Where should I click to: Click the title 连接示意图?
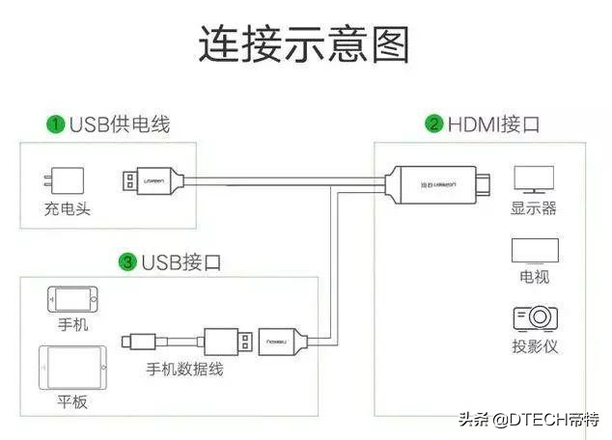pyautogui.click(x=305, y=44)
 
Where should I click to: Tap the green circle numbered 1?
pyautogui.click(x=58, y=124)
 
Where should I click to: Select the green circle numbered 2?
pyautogui.click(x=434, y=124)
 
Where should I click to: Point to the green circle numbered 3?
pyautogui.click(x=126, y=261)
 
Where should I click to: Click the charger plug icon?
pyautogui.click(x=65, y=180)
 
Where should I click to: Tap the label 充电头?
pyautogui.click(x=67, y=208)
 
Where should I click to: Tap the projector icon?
pyautogui.click(x=534, y=318)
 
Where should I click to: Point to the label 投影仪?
pyautogui.click(x=534, y=345)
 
